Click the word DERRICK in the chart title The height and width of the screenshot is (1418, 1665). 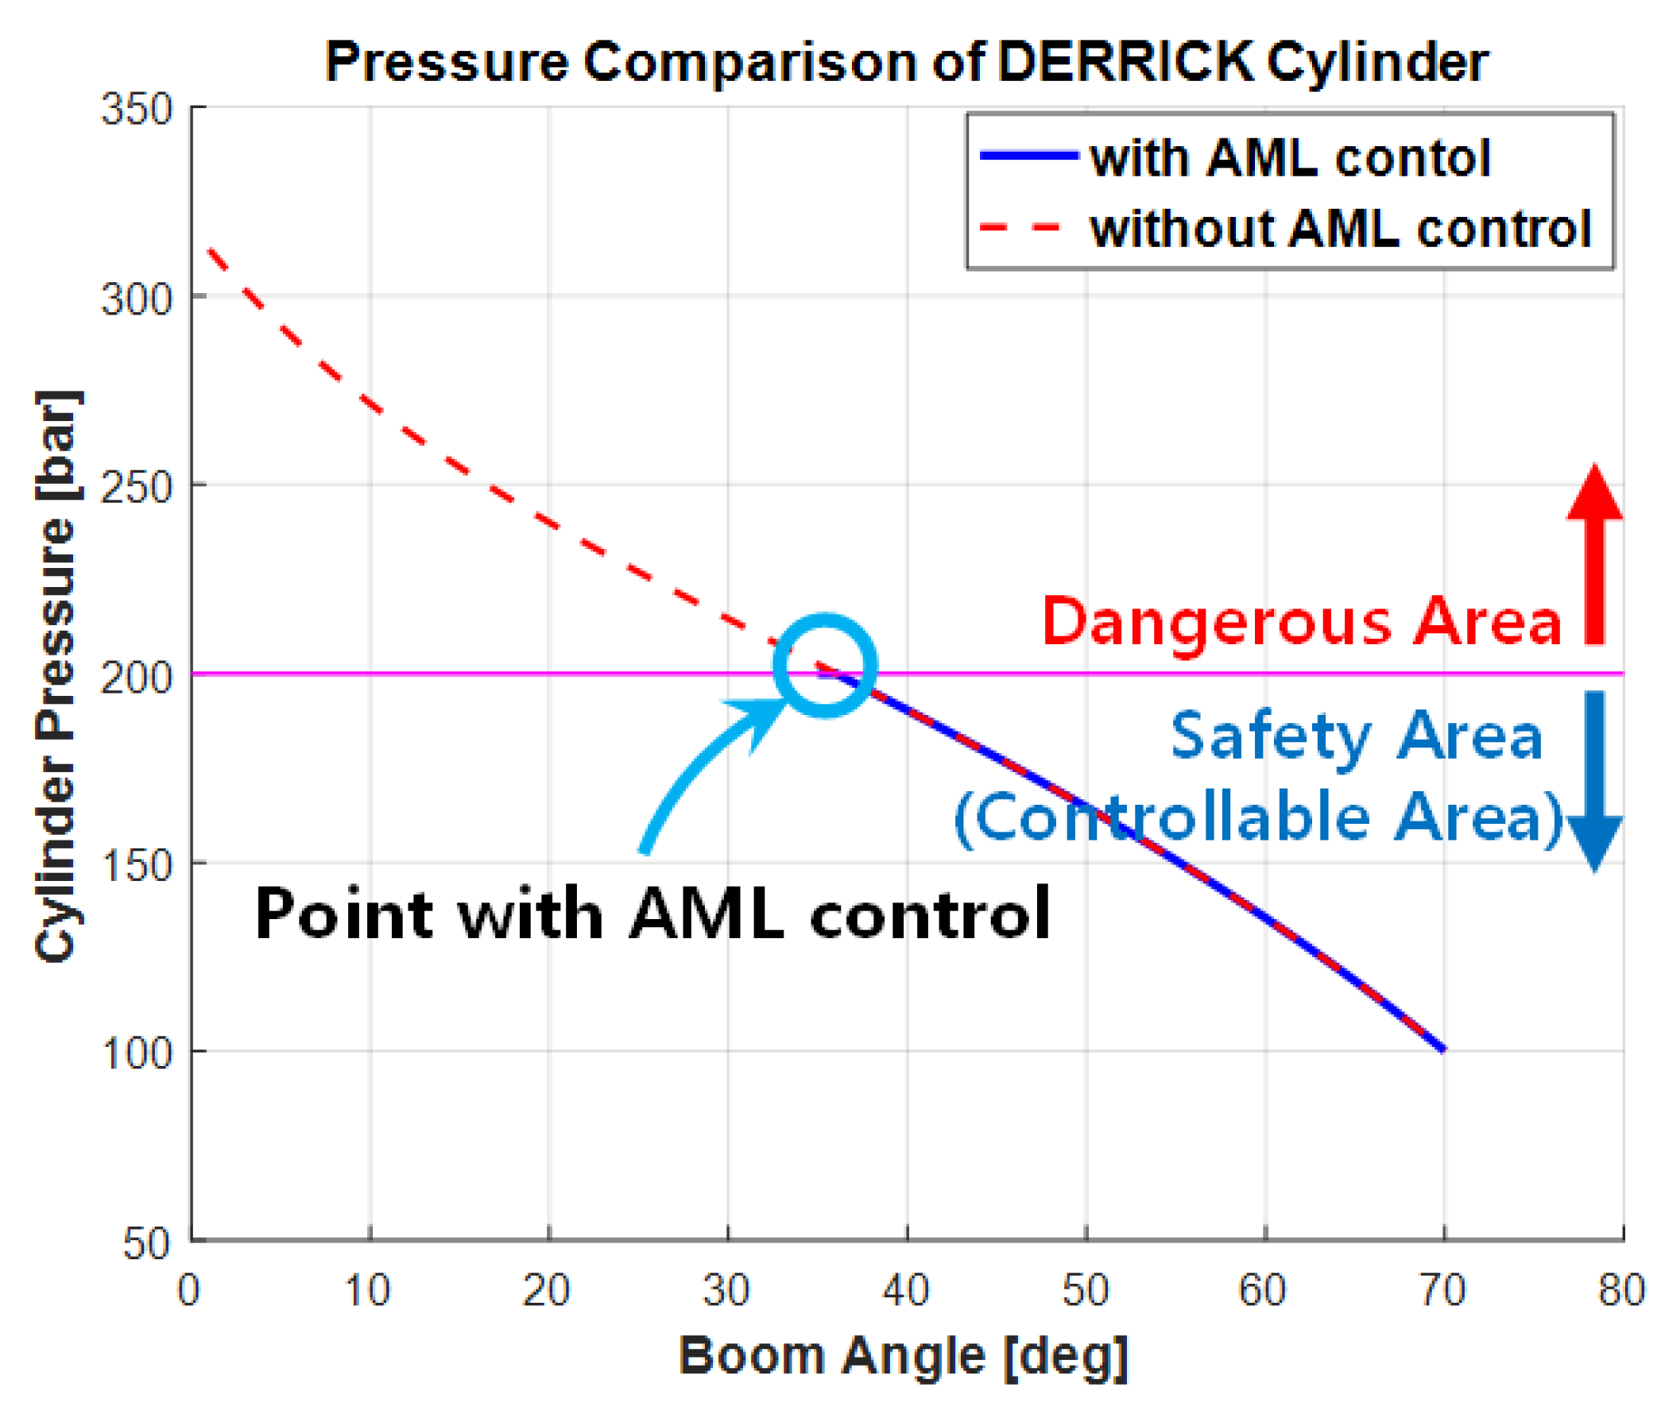coord(1125,62)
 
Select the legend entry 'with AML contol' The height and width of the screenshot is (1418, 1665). coord(1289,157)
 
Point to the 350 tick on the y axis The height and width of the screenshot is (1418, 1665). coord(136,108)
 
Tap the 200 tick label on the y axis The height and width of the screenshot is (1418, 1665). coord(136,678)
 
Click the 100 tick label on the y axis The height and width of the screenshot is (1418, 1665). coord(136,1054)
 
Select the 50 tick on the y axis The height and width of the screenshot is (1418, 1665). coord(145,1244)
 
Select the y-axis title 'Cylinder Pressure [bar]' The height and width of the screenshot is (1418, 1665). coord(58,675)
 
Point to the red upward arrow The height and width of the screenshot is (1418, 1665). coord(1594,554)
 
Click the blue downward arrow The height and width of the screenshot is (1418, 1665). coord(1594,779)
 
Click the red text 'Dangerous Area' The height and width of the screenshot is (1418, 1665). coord(1301,623)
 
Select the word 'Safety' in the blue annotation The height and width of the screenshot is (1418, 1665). coord(1270,736)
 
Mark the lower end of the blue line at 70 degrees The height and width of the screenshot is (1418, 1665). coord(1442,1048)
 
